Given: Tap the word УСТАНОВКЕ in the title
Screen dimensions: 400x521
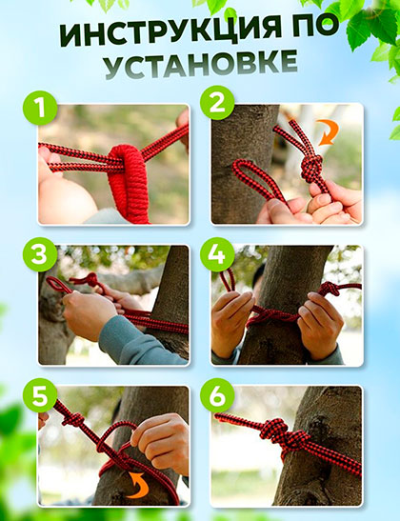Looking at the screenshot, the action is [x=201, y=65].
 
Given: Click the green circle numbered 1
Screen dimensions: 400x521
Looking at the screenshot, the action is [x=40, y=108].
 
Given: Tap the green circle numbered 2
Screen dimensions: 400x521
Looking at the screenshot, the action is [x=217, y=103].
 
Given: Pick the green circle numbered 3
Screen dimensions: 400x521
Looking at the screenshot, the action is [x=40, y=254].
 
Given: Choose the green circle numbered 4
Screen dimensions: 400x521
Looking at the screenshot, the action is [x=217, y=254].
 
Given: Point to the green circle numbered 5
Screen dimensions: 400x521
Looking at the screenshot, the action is [x=40, y=395].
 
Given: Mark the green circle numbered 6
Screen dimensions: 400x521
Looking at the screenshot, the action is [x=217, y=395].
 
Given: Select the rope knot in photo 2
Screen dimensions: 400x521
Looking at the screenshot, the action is [x=311, y=169].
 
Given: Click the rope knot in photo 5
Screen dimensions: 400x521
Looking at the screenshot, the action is [x=73, y=420].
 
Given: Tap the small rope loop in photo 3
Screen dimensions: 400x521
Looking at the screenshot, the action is [x=58, y=284].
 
